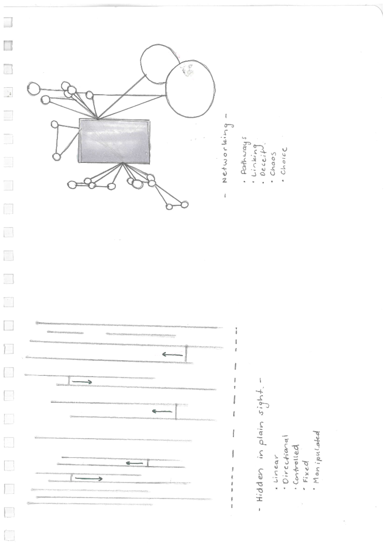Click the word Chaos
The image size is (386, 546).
273,164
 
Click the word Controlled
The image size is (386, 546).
295,463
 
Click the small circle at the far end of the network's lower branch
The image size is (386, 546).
184,205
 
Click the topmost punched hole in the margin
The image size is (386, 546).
8,22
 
